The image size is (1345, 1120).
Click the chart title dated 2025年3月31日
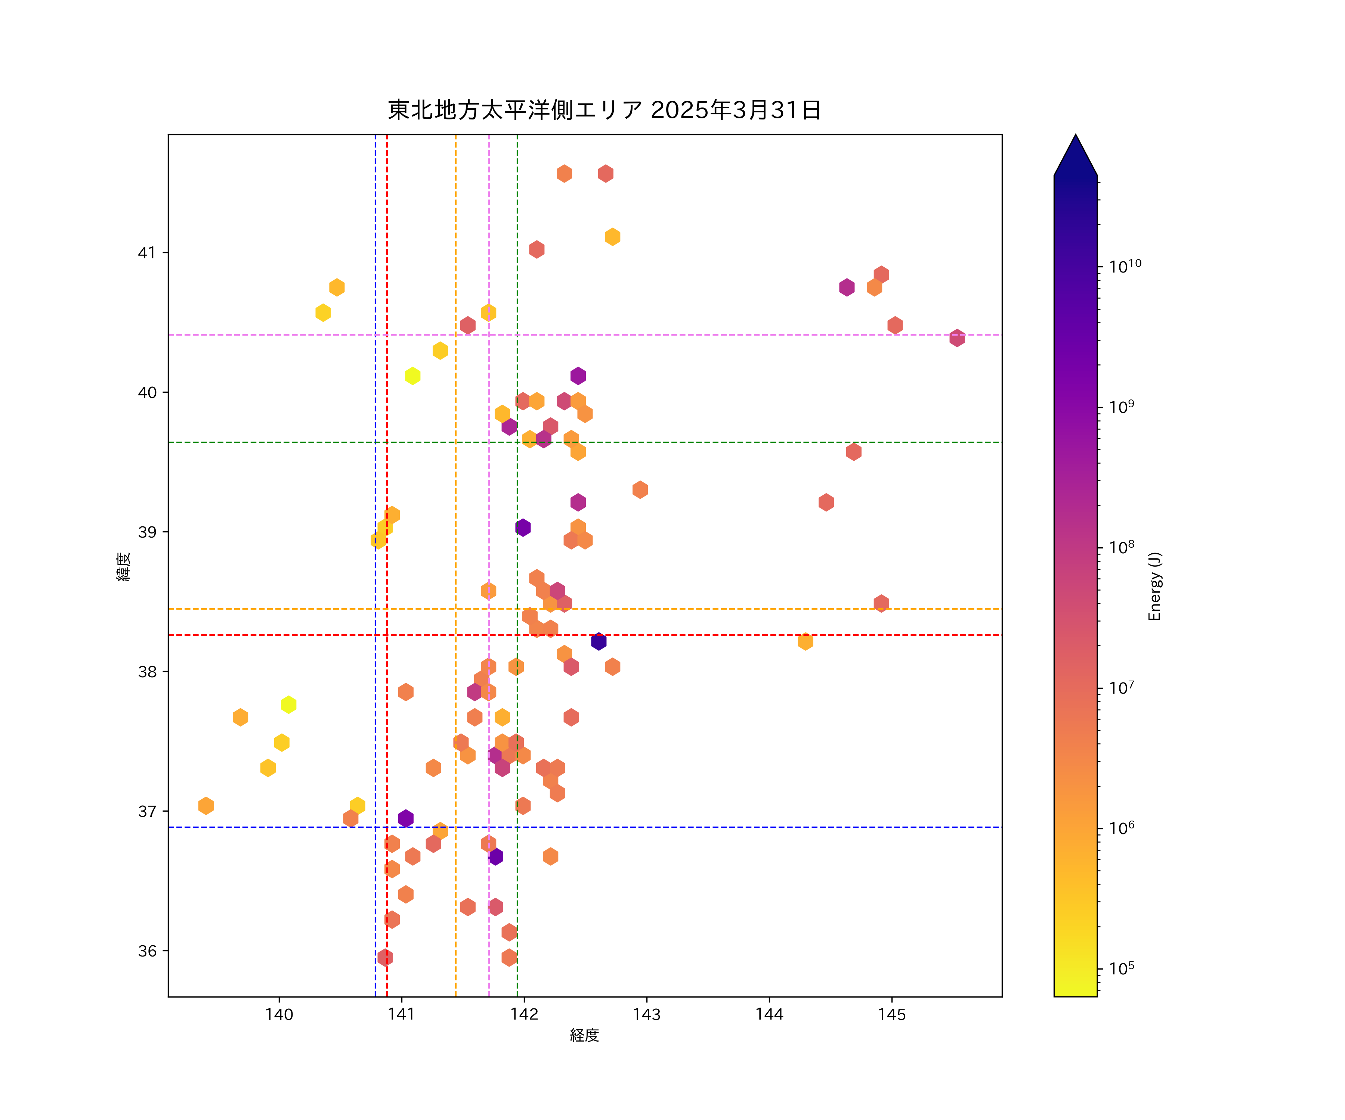pyautogui.click(x=604, y=110)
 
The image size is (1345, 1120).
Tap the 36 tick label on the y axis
pyautogui.click(x=147, y=951)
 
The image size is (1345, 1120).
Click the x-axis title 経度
pyautogui.click(x=584, y=1036)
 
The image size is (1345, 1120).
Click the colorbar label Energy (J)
pyautogui.click(x=1154, y=586)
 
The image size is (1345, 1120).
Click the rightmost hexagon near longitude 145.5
pyautogui.click(x=957, y=338)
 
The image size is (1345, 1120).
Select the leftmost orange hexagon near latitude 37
pyautogui.click(x=205, y=806)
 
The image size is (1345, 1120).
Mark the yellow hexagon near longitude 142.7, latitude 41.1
pyautogui.click(x=612, y=237)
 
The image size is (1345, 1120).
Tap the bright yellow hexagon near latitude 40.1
pyautogui.click(x=412, y=376)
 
